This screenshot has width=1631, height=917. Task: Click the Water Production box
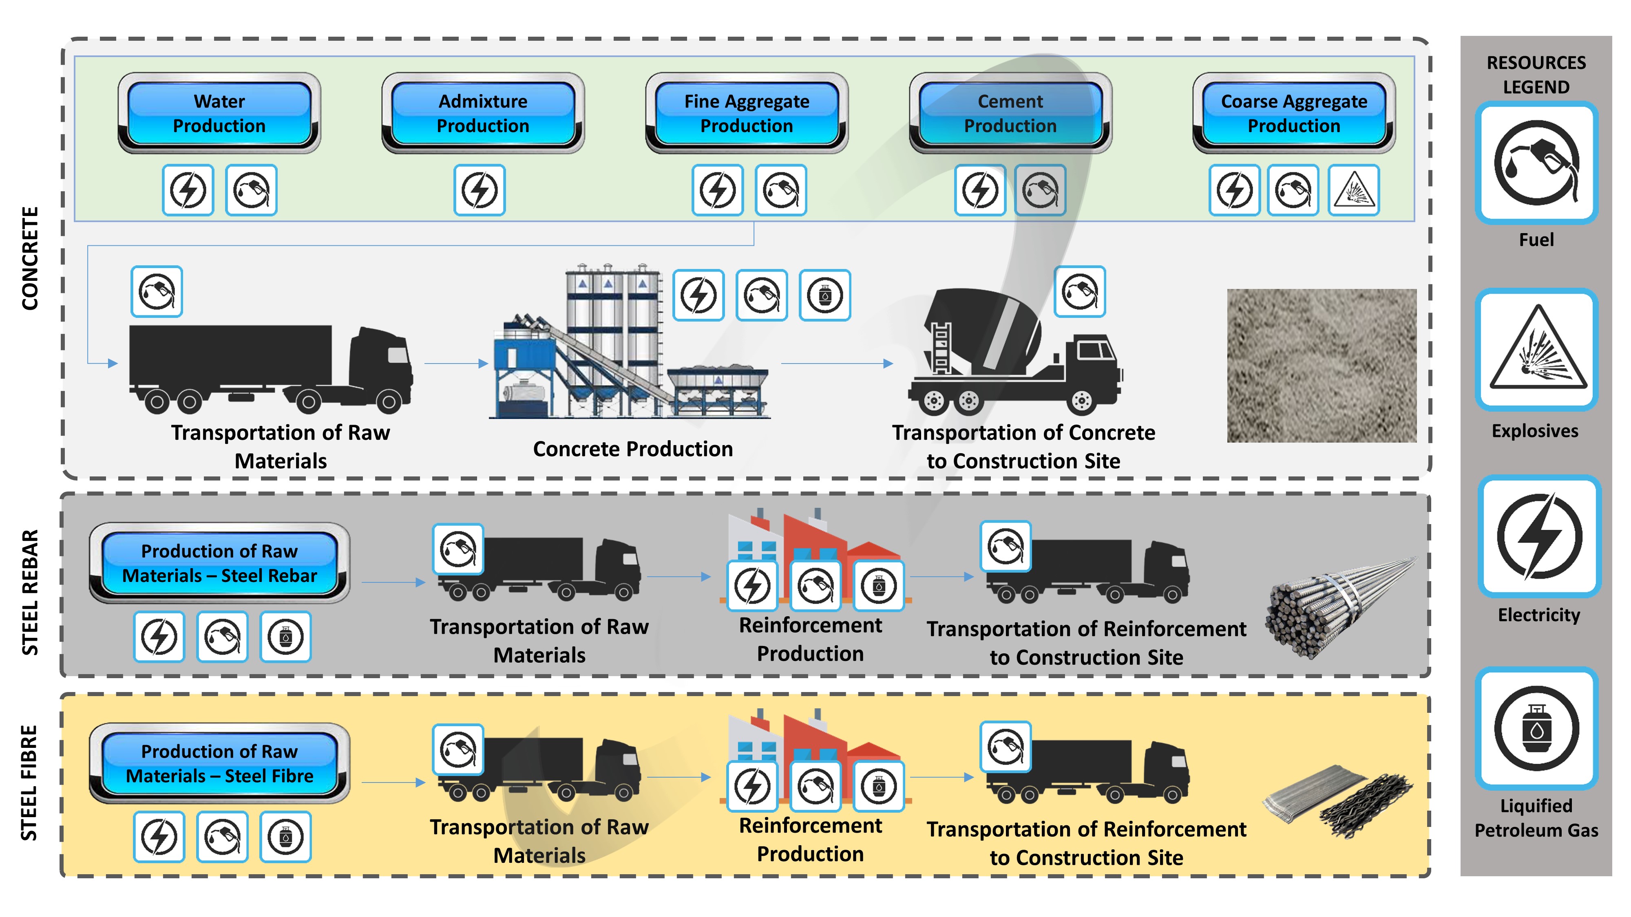click(219, 113)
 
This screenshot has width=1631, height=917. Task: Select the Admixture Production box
click(482, 113)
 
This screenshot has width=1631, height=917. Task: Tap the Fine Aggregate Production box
click(747, 113)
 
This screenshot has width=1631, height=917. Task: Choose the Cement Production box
click(1010, 113)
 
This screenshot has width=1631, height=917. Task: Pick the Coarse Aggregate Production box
click(1293, 113)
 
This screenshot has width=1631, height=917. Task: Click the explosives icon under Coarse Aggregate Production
click(1354, 190)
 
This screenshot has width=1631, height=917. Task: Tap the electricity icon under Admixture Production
click(479, 190)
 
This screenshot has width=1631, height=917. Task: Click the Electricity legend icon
click(1538, 537)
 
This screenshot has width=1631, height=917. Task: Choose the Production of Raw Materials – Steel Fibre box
click(219, 763)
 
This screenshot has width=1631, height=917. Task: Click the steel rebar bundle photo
click(1336, 608)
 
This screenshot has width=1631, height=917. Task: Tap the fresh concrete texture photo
click(1322, 366)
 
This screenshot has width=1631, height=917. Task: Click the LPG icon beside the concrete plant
click(824, 295)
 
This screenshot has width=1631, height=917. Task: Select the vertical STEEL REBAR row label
click(30, 592)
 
